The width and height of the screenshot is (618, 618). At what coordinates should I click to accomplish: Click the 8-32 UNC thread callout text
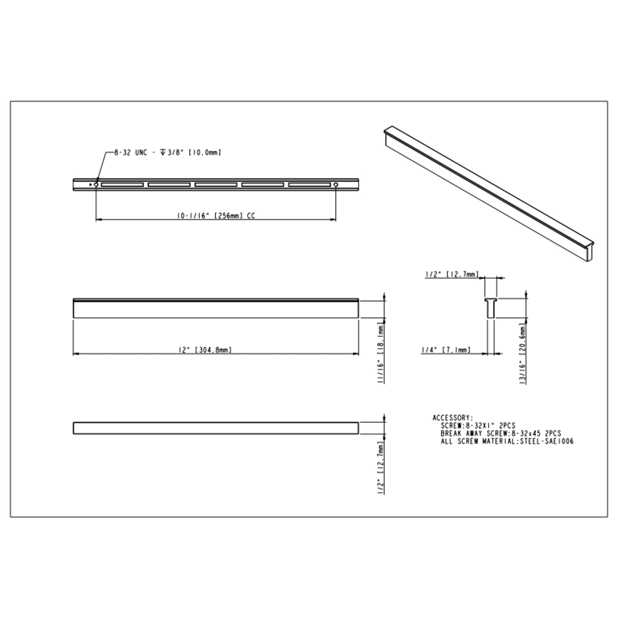click(167, 153)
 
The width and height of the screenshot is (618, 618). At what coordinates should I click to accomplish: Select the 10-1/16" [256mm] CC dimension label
click(216, 216)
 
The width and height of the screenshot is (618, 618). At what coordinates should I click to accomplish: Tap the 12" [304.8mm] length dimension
click(205, 350)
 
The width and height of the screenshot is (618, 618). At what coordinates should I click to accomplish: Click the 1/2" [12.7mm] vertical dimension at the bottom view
click(380, 467)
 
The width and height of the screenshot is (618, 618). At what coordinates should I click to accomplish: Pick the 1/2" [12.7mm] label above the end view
click(452, 274)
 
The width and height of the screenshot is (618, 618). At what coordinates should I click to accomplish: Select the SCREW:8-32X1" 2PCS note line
click(478, 426)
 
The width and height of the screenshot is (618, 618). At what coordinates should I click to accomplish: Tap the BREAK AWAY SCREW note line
click(501, 434)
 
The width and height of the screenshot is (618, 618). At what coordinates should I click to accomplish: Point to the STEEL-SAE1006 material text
click(547, 442)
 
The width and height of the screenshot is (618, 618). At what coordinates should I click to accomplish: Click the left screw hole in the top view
click(96, 185)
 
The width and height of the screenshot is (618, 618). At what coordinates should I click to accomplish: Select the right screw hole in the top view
click(336, 185)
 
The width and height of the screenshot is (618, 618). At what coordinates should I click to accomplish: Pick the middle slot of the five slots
click(216, 185)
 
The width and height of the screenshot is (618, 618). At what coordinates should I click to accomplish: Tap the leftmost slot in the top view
click(122, 185)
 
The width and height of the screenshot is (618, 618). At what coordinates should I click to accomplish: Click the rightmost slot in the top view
click(309, 185)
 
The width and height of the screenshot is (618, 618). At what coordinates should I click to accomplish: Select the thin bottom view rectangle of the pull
click(216, 428)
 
